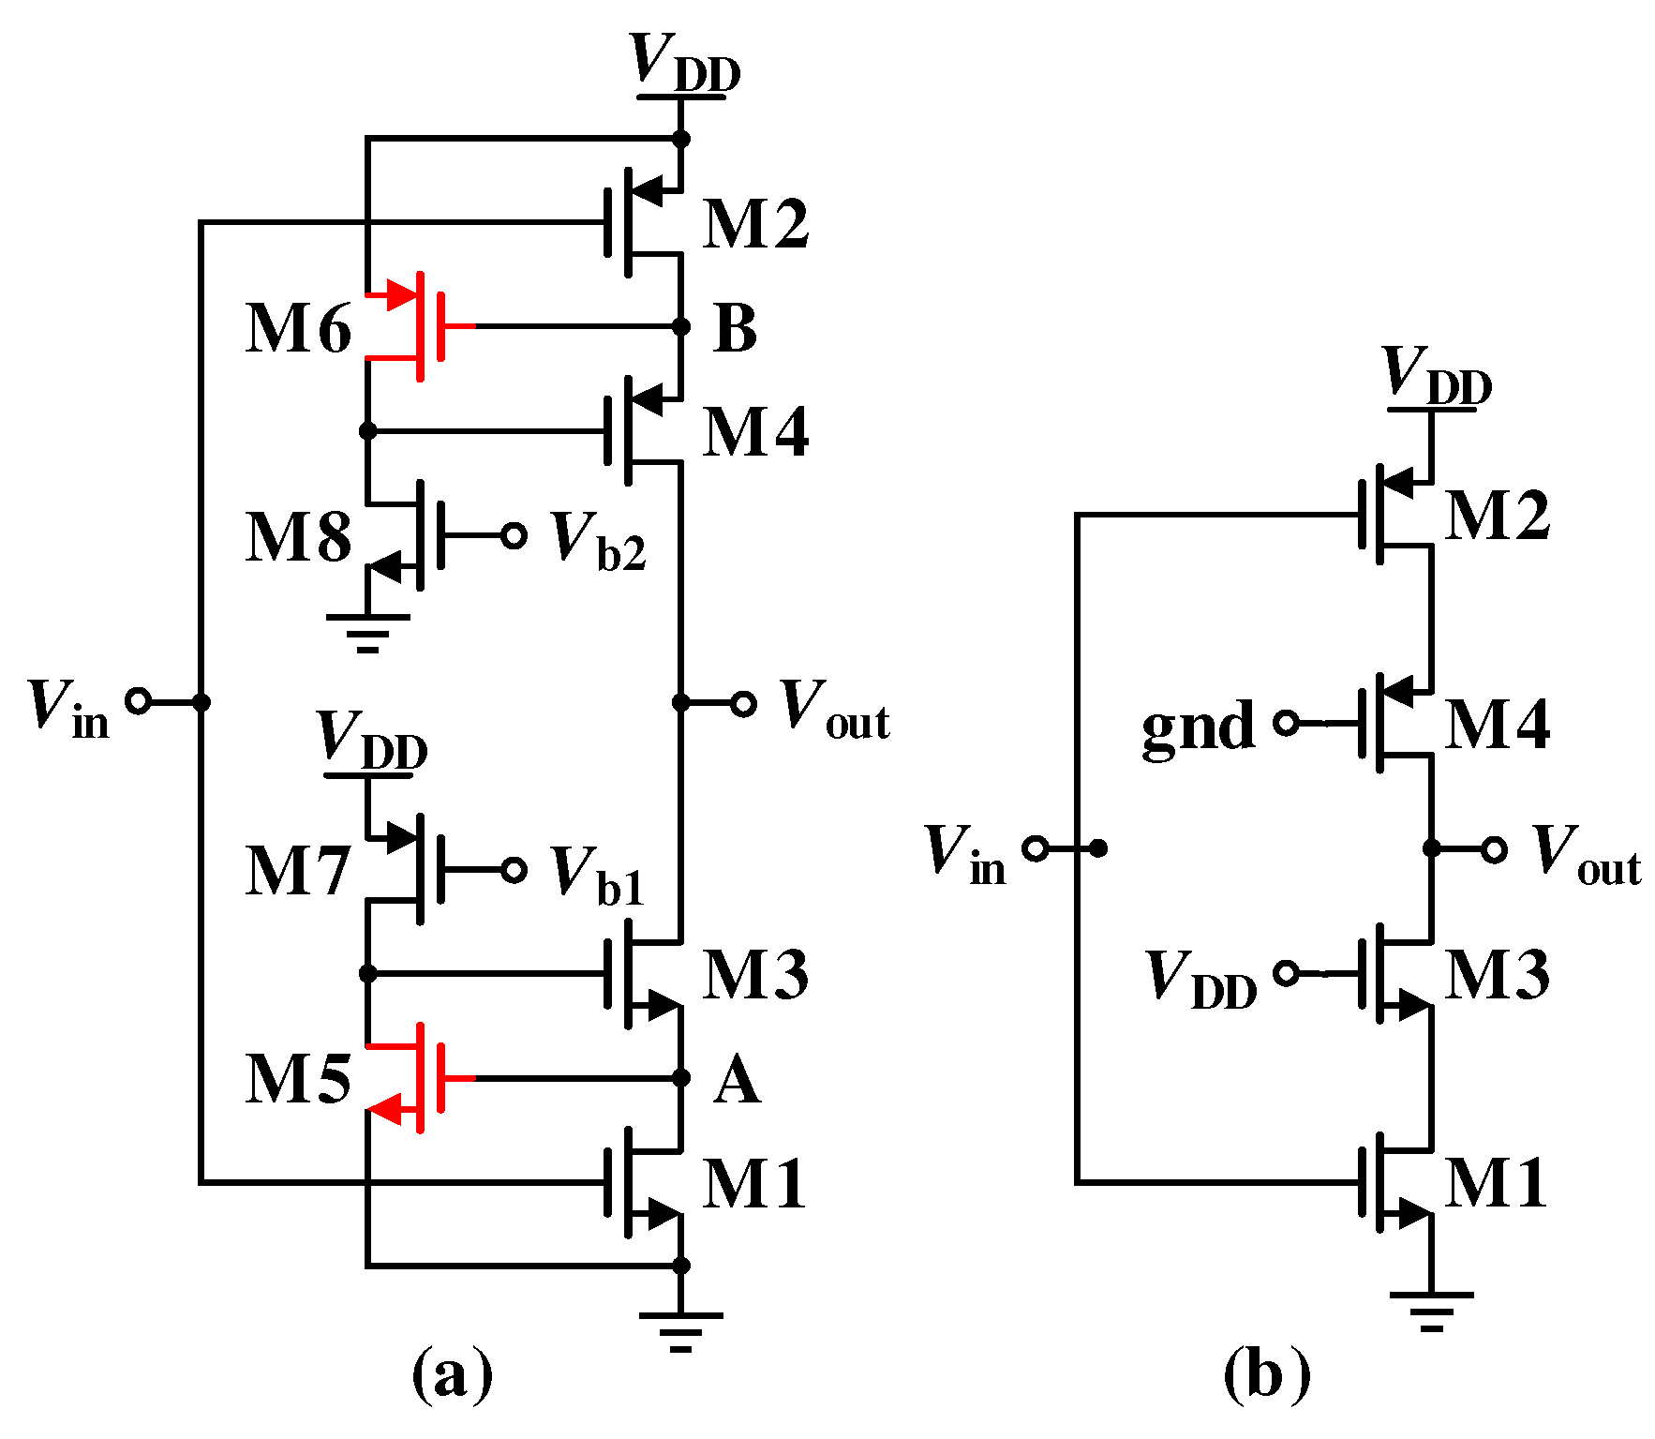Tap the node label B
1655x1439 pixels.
pyautogui.click(x=735, y=329)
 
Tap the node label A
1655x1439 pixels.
pyautogui.click(x=737, y=1081)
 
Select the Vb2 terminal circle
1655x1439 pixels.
pyautogui.click(x=514, y=535)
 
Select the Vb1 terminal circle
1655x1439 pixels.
pyautogui.click(x=514, y=870)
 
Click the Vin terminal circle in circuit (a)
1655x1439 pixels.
pyautogui.click(x=138, y=700)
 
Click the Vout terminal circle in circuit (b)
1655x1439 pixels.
pyautogui.click(x=1494, y=849)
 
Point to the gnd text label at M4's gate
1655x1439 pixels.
pyautogui.click(x=1198, y=726)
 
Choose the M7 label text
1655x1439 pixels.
pyautogui.click(x=298, y=871)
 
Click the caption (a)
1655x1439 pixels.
pyautogui.click(x=452, y=1375)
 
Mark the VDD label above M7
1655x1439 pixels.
pyautogui.click(x=372, y=740)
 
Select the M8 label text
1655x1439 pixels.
pyautogui.click(x=298, y=537)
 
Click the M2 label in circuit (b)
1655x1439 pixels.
pyautogui.click(x=1497, y=516)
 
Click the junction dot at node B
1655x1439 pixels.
pyautogui.click(x=681, y=326)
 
